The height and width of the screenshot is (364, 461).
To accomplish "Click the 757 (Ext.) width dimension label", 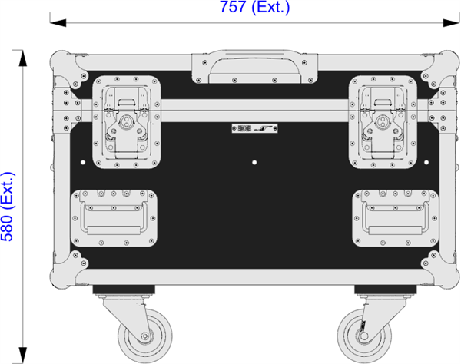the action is pyautogui.click(x=255, y=7).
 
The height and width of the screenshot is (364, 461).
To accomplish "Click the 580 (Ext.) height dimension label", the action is pyautogui.click(x=8, y=207).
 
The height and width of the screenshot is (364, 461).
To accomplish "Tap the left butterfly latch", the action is pyautogui.click(x=127, y=122).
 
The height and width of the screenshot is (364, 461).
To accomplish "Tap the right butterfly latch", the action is pyautogui.click(x=383, y=122).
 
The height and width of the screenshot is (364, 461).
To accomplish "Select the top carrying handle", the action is pyautogui.click(x=254, y=67).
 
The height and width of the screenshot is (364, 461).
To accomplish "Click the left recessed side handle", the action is pyautogui.click(x=114, y=218).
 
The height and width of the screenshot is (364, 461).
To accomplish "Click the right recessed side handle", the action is pyautogui.click(x=396, y=218).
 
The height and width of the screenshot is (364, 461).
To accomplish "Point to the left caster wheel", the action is pyautogui.click(x=145, y=336).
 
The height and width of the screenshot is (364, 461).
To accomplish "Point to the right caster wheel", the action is pyautogui.click(x=364, y=336).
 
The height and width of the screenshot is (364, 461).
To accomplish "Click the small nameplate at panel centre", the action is pyautogui.click(x=254, y=128).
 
